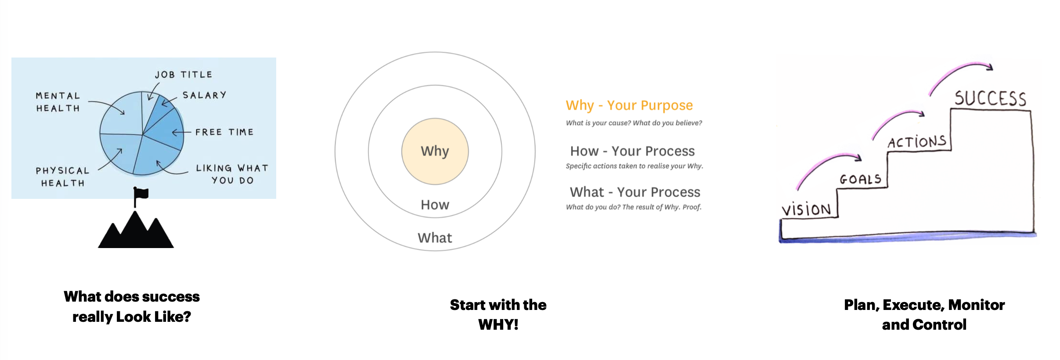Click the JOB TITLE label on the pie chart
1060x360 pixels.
tap(184, 75)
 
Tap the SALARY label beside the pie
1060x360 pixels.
tap(204, 95)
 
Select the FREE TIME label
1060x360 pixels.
tap(224, 132)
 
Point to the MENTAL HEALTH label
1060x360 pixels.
tap(58, 102)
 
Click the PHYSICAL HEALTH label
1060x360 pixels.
tap(62, 176)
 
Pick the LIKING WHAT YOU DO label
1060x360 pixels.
tap(232, 174)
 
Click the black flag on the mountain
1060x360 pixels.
tap(141, 194)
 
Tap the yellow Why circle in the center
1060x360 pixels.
tap(435, 151)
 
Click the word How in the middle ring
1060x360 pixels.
tap(435, 205)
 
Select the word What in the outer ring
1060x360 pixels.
tap(435, 238)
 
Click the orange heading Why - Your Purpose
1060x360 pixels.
tap(629, 105)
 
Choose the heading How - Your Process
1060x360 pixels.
tap(632, 151)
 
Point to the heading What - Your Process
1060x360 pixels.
tap(635, 192)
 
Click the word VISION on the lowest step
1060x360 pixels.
tap(806, 209)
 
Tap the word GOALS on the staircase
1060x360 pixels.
tap(861, 179)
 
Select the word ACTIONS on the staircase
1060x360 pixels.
tap(917, 142)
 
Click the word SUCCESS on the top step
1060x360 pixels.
tap(990, 98)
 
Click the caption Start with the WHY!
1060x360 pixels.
tap(498, 314)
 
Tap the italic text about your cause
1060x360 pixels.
tap(634, 123)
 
